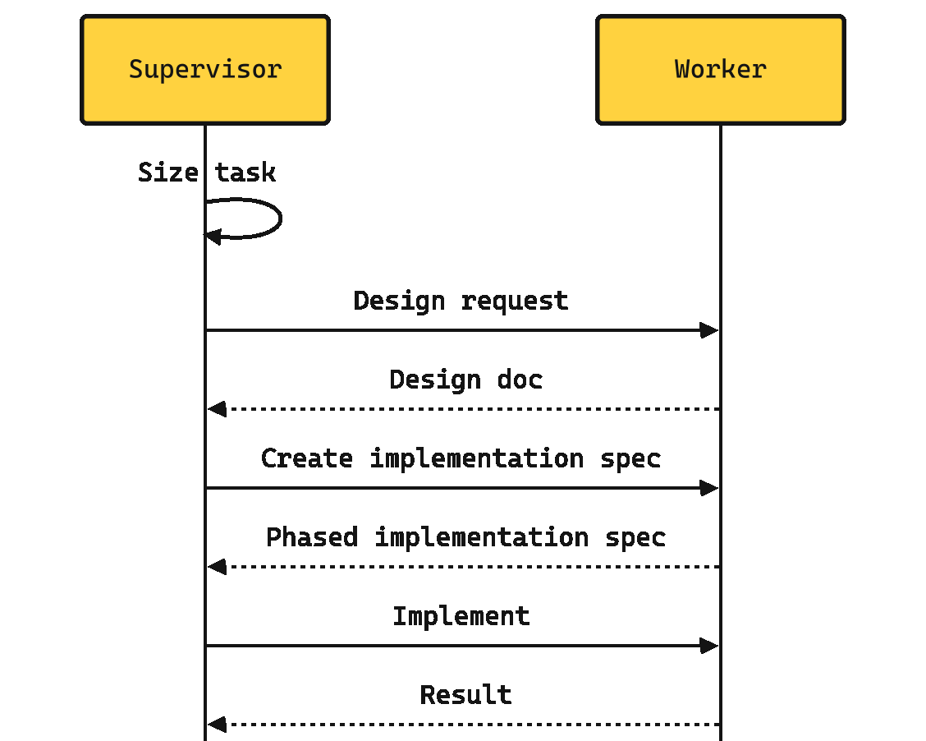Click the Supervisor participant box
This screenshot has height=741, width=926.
click(x=205, y=70)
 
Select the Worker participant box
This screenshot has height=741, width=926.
click(x=721, y=70)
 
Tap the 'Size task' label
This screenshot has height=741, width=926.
click(x=207, y=173)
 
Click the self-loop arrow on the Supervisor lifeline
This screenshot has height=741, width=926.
click(x=281, y=219)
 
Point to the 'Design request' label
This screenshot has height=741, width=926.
click(x=461, y=301)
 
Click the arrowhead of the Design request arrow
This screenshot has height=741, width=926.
click(x=709, y=330)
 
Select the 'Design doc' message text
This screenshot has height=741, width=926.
click(x=466, y=380)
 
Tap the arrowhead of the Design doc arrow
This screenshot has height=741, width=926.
click(x=217, y=409)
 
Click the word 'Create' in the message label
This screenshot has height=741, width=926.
click(x=307, y=458)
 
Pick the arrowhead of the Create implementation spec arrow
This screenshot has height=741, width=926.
click(x=709, y=488)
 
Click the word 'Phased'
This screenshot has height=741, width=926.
click(x=312, y=537)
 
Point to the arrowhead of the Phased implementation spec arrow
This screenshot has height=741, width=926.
click(x=217, y=567)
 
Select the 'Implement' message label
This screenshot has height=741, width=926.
click(x=461, y=617)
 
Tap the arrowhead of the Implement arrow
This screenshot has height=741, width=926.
click(x=709, y=646)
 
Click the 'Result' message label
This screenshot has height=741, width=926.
click(x=466, y=695)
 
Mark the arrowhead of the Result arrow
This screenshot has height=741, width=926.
click(x=217, y=724)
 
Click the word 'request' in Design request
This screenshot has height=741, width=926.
click(x=515, y=302)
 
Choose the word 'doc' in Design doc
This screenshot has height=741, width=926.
click(x=520, y=380)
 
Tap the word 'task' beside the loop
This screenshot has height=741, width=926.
click(x=245, y=173)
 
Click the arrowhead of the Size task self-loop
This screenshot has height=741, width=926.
click(x=213, y=237)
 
